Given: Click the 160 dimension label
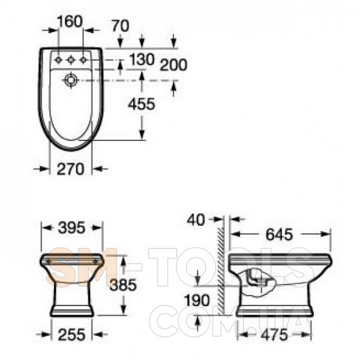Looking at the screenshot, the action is (70, 22).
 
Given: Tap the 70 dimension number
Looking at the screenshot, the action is (121, 26).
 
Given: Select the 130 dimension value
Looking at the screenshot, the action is (142, 59).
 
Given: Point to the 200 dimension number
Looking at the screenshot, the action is (173, 65).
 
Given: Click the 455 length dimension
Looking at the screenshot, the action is (142, 104).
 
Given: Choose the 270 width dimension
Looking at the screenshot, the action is (70, 169).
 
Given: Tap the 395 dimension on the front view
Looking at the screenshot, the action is (71, 228).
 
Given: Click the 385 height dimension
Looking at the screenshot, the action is (123, 285).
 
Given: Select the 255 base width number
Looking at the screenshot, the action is (71, 334).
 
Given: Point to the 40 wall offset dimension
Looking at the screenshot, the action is (196, 220).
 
